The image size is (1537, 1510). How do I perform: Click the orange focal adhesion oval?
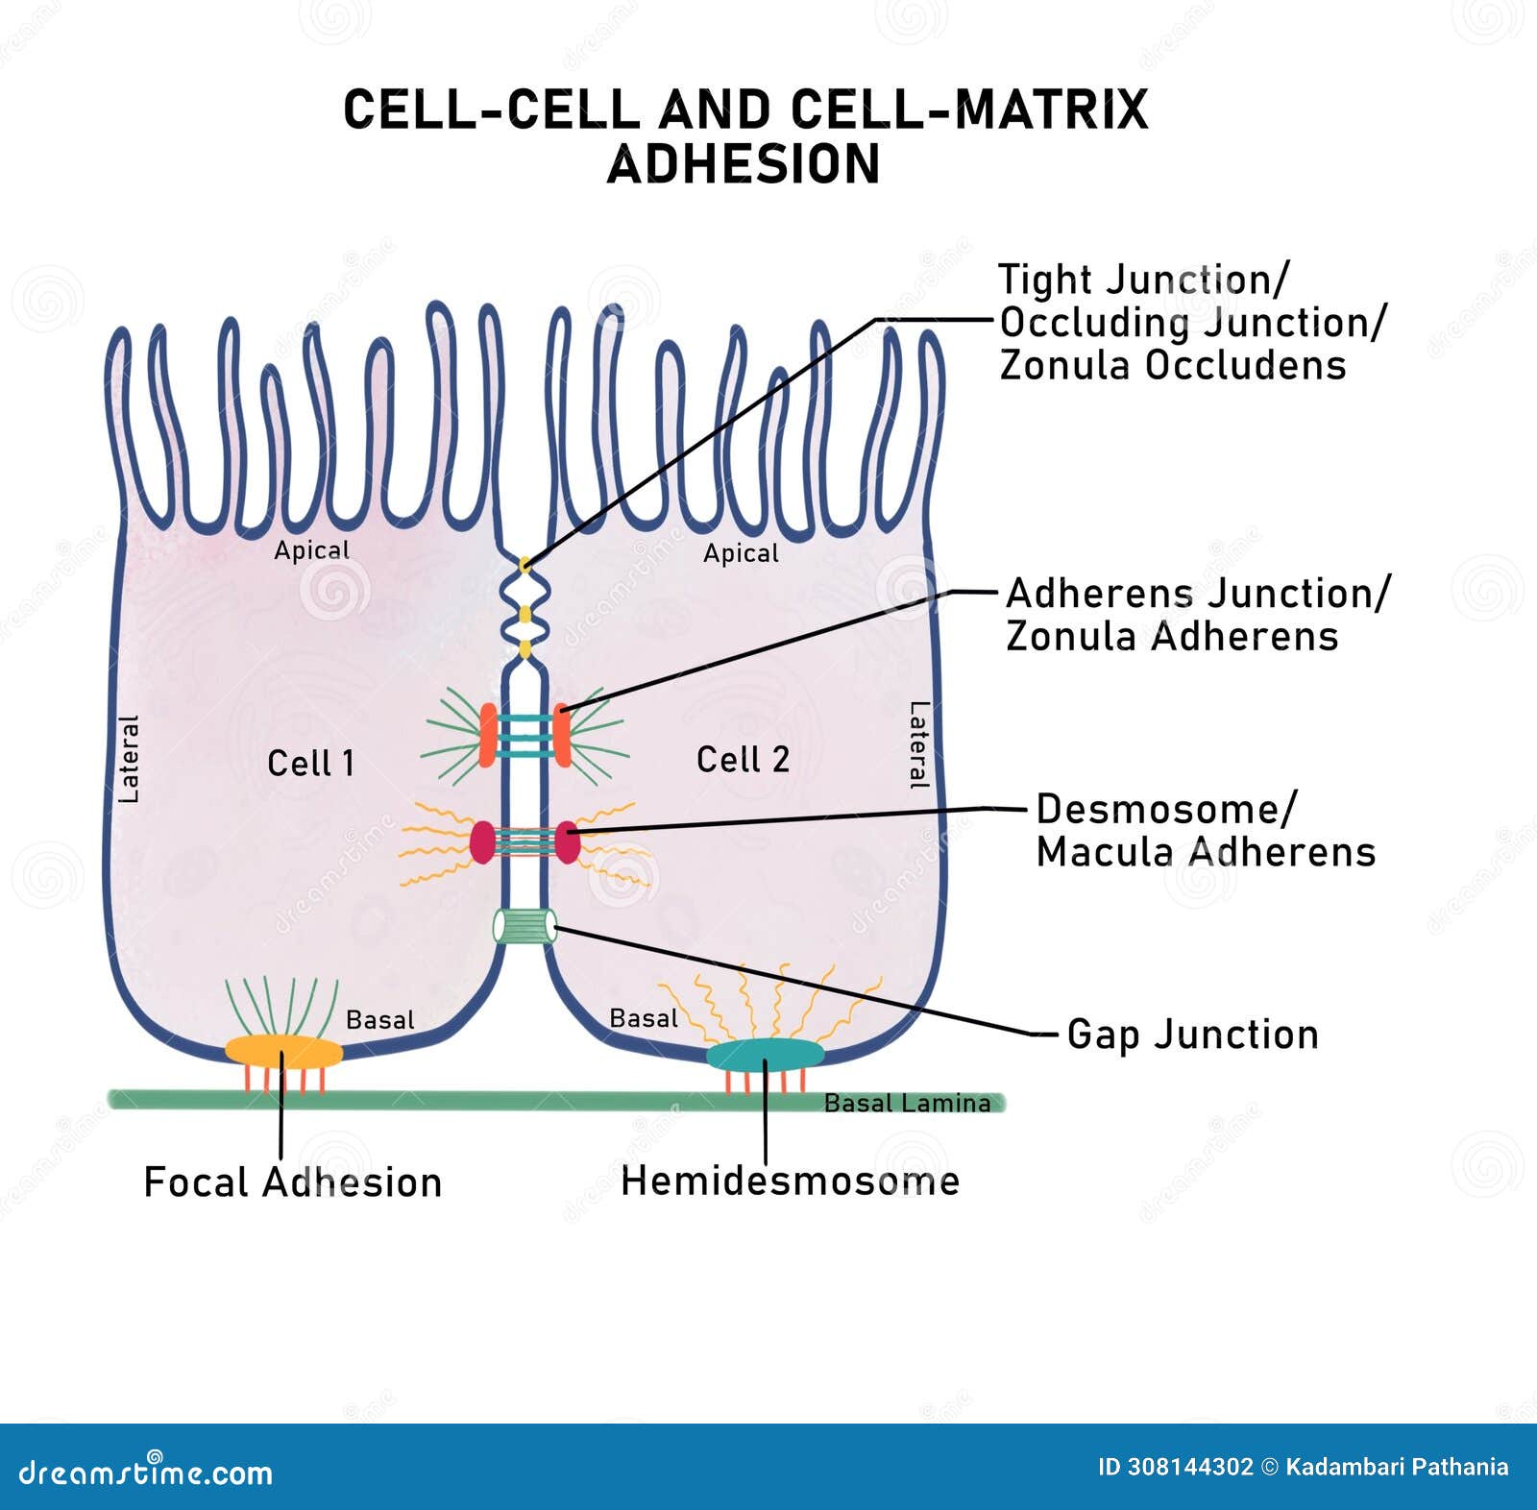point(283,1051)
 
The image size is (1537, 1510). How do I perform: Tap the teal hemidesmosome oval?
point(766,1055)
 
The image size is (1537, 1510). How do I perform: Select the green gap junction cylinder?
point(525,926)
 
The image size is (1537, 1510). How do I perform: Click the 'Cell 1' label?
point(310,764)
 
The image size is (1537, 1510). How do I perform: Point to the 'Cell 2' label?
point(743,760)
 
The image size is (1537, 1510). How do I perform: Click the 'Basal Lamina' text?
point(907,1103)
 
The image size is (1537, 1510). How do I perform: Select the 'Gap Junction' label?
point(1192,1035)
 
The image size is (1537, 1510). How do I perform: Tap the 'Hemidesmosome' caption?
point(790,1181)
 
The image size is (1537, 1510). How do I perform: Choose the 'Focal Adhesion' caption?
point(292,1182)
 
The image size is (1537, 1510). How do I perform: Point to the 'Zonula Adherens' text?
point(1171,636)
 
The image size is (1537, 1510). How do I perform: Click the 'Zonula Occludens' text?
point(1172,365)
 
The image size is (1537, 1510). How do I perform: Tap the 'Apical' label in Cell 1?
point(311,550)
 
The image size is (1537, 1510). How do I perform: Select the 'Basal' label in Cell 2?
point(644,1018)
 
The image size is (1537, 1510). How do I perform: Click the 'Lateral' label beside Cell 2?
point(919,745)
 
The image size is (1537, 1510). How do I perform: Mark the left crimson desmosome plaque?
point(482,841)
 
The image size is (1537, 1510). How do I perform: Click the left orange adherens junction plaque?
point(488,734)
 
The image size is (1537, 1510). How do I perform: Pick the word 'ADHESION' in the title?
point(744,164)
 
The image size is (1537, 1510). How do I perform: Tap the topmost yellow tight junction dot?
point(525,565)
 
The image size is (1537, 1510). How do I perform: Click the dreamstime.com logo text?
point(146,1472)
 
